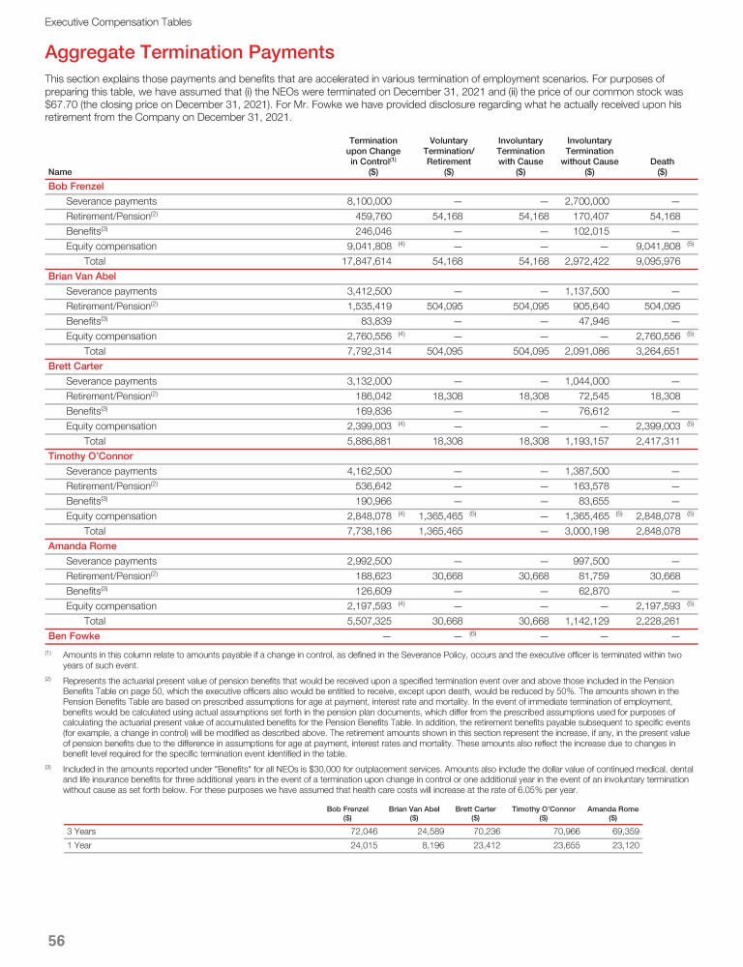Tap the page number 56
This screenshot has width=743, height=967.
coord(56,941)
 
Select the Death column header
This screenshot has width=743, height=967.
coord(662,161)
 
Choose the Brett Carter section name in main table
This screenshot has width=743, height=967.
coord(75,366)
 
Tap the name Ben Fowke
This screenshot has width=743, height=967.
coord(74,636)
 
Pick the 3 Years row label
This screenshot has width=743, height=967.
coord(81,830)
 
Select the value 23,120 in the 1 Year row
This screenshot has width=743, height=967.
coord(620,846)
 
